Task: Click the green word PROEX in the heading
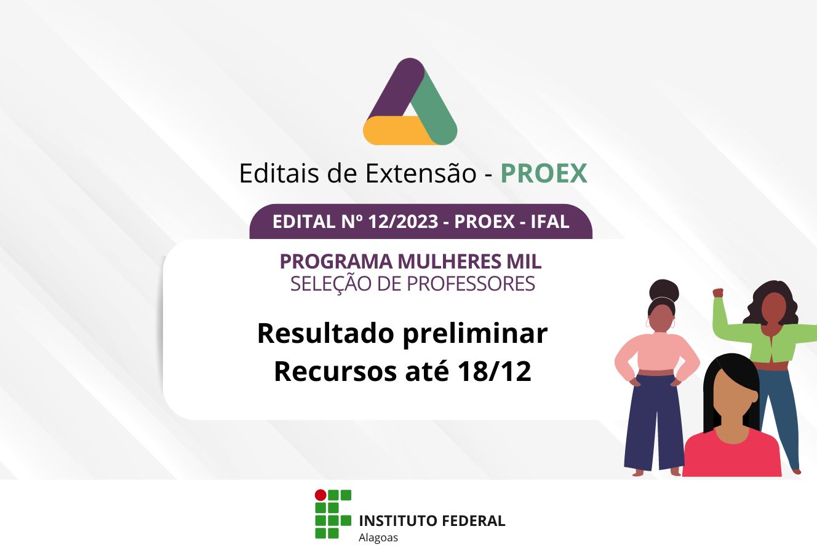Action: point(544,173)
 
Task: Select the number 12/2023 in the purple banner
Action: point(403,222)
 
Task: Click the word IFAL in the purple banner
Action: point(549,222)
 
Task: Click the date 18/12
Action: point(494,372)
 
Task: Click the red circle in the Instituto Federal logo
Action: point(321,495)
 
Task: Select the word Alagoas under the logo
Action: point(378,538)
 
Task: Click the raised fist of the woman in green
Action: point(718,293)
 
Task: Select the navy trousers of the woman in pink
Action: point(654,423)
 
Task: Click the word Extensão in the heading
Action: point(421,173)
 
